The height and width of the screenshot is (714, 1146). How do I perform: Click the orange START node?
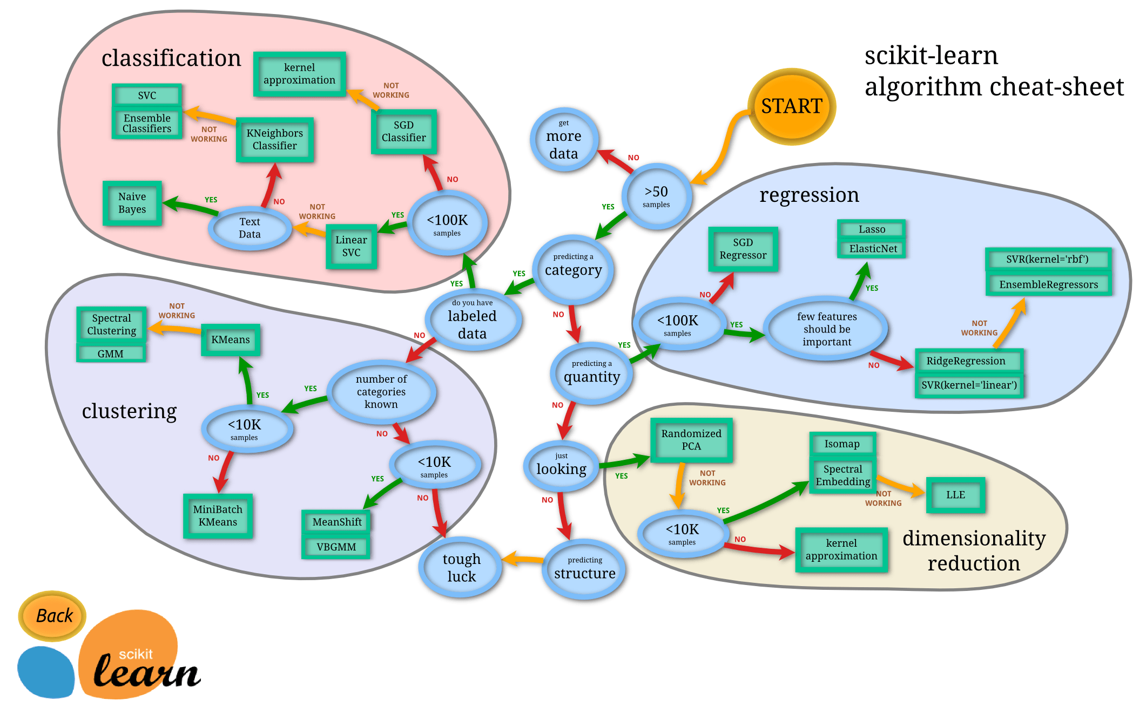(791, 106)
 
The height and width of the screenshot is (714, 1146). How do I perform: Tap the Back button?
(53, 616)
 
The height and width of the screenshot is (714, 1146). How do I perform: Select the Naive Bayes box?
(132, 203)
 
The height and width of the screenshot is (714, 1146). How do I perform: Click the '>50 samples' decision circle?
(656, 196)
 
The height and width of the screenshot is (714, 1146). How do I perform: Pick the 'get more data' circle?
(563, 140)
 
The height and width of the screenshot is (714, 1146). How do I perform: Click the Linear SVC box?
(351, 247)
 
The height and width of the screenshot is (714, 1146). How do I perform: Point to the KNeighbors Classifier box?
(274, 140)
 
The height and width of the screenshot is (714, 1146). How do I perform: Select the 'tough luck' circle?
(461, 567)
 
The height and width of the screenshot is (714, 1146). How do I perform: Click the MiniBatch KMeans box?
(218, 516)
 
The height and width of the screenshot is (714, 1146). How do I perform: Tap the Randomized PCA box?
(691, 440)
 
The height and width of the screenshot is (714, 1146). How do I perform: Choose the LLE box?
(955, 495)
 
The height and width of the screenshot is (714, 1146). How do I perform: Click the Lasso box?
(872, 229)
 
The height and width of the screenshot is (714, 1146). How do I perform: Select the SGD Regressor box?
(743, 249)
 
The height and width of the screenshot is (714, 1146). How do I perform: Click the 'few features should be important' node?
(826, 329)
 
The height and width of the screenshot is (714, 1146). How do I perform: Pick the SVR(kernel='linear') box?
(969, 385)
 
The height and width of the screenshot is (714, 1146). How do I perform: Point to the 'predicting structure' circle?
(584, 569)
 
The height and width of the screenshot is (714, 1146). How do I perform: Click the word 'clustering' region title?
(129, 411)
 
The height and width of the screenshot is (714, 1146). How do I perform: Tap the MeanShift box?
(336, 522)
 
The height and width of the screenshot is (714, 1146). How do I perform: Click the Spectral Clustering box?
(112, 324)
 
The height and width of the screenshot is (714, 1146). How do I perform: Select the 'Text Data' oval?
(250, 228)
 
